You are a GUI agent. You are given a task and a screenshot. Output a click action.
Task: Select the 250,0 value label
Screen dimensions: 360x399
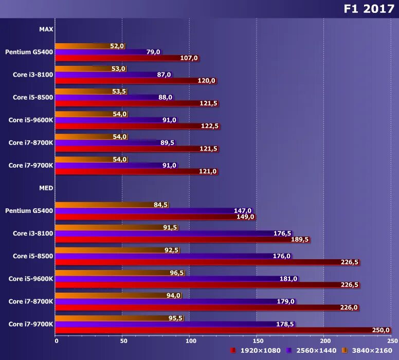click(381, 330)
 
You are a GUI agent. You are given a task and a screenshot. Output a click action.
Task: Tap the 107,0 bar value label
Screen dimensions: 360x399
click(189, 58)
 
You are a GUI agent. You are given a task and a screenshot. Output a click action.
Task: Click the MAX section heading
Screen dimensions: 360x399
click(46, 29)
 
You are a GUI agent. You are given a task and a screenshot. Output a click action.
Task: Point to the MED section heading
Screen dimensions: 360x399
click(46, 188)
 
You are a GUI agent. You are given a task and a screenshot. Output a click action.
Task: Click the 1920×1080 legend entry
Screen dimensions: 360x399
click(256, 351)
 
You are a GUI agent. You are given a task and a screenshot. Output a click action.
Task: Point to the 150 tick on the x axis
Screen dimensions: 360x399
click(257, 340)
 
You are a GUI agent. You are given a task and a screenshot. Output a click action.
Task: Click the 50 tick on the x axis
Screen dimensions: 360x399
click(122, 340)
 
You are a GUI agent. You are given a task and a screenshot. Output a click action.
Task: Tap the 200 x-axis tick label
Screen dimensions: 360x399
click(324, 340)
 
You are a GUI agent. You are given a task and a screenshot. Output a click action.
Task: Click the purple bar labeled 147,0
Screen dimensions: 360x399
click(144, 211)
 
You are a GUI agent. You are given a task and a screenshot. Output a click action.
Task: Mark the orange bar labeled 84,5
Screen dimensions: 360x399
click(103, 205)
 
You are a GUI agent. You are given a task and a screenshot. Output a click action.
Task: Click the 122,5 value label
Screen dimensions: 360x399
click(210, 126)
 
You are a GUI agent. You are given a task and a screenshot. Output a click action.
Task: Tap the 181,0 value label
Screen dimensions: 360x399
click(288, 279)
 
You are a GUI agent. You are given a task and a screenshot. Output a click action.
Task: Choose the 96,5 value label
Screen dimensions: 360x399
click(177, 273)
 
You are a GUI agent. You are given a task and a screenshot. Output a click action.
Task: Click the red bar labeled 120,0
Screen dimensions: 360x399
click(126, 81)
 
